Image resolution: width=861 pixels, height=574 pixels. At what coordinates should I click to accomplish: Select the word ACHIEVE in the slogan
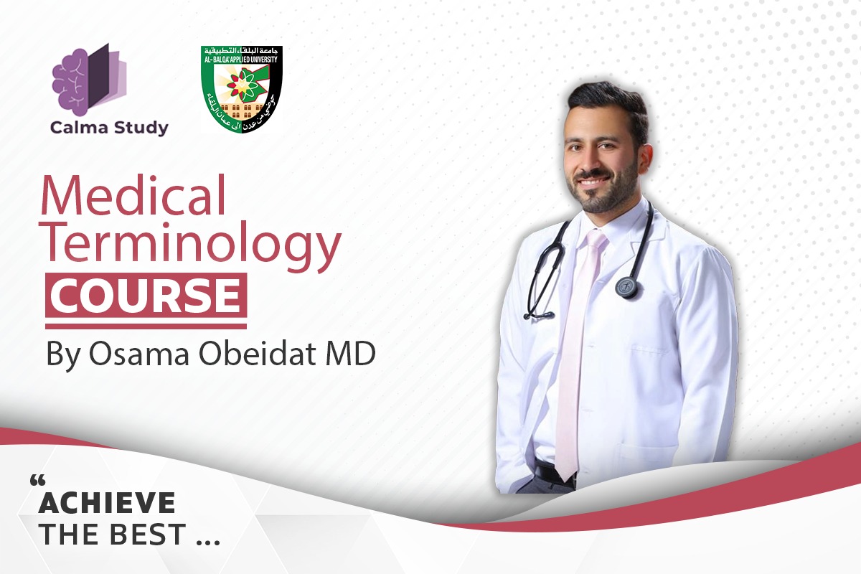[107, 503]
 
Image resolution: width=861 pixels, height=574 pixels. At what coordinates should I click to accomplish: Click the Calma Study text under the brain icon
[109, 128]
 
